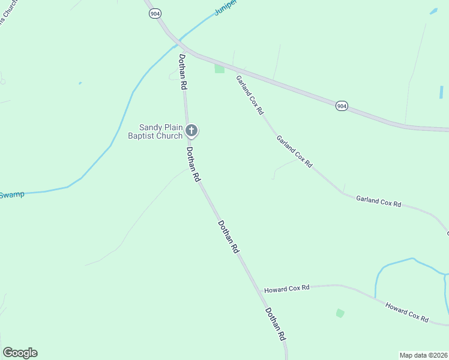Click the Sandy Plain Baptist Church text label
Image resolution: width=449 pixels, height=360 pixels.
coord(161,131)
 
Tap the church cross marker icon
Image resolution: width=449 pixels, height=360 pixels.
coord(191,130)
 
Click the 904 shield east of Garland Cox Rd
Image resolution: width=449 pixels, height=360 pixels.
coord(342,106)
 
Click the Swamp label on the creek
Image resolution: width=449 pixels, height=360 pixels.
coord(12,195)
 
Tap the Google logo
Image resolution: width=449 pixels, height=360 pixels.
coord(20,353)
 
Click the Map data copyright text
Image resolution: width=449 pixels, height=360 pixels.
coord(423,355)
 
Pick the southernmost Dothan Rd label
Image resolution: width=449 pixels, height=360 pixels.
coord(274,325)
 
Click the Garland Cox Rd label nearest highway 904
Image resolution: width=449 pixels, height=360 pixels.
coord(249,95)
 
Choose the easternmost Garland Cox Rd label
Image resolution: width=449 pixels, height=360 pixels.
coord(378,201)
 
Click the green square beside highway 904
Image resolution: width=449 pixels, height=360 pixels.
coord(220,68)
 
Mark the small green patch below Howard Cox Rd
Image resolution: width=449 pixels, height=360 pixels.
coord(340,313)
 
